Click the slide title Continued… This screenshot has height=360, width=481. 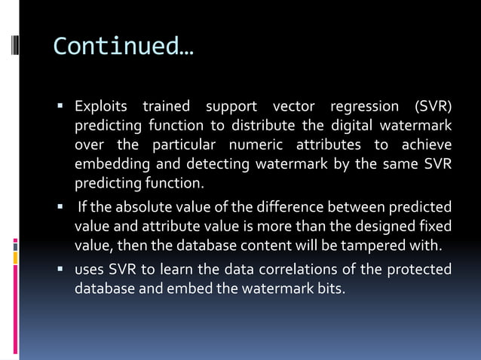(123, 47)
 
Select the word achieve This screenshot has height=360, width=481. (427, 144)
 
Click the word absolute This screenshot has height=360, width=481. (137, 207)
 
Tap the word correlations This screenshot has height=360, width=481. (268, 270)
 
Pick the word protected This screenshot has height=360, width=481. (419, 270)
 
